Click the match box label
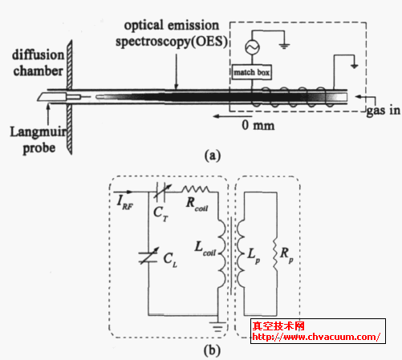click(252, 72)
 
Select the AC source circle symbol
click(252, 47)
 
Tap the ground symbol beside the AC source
click(284, 46)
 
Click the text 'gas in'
click(384, 111)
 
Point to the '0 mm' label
click(258, 125)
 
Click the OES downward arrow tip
click(176, 88)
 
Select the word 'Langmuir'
click(39, 131)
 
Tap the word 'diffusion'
click(39, 55)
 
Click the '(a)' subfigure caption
click(213, 156)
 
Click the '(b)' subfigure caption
click(212, 350)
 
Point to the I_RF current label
click(125, 203)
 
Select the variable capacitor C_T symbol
click(161, 192)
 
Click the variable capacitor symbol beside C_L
click(148, 256)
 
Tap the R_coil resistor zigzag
click(196, 189)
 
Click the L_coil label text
click(205, 249)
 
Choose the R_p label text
click(286, 255)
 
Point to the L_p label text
click(254, 255)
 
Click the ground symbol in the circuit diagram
click(218, 327)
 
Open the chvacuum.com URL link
click(316, 337)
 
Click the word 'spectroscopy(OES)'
click(172, 42)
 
